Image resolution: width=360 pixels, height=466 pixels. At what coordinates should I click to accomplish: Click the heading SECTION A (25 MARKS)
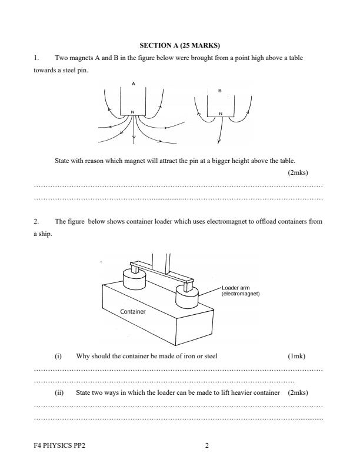pyautogui.click(x=179, y=45)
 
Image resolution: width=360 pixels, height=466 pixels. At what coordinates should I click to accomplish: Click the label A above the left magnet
pyautogui.click(x=134, y=84)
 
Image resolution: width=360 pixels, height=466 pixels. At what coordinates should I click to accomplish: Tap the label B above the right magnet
pyautogui.click(x=219, y=91)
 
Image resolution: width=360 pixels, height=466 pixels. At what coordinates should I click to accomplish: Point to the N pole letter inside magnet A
pyautogui.click(x=132, y=112)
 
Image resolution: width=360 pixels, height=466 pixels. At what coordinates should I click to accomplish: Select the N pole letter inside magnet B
pyautogui.click(x=221, y=114)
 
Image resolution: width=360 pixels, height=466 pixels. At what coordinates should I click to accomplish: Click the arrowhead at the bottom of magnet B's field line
pyautogui.click(x=219, y=141)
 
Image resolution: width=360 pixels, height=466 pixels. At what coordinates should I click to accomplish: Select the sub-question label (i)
pyautogui.click(x=58, y=356)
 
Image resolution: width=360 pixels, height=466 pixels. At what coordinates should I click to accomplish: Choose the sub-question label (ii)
pyautogui.click(x=59, y=392)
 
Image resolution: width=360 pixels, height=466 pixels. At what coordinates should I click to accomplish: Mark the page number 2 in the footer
pyautogui.click(x=206, y=444)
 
